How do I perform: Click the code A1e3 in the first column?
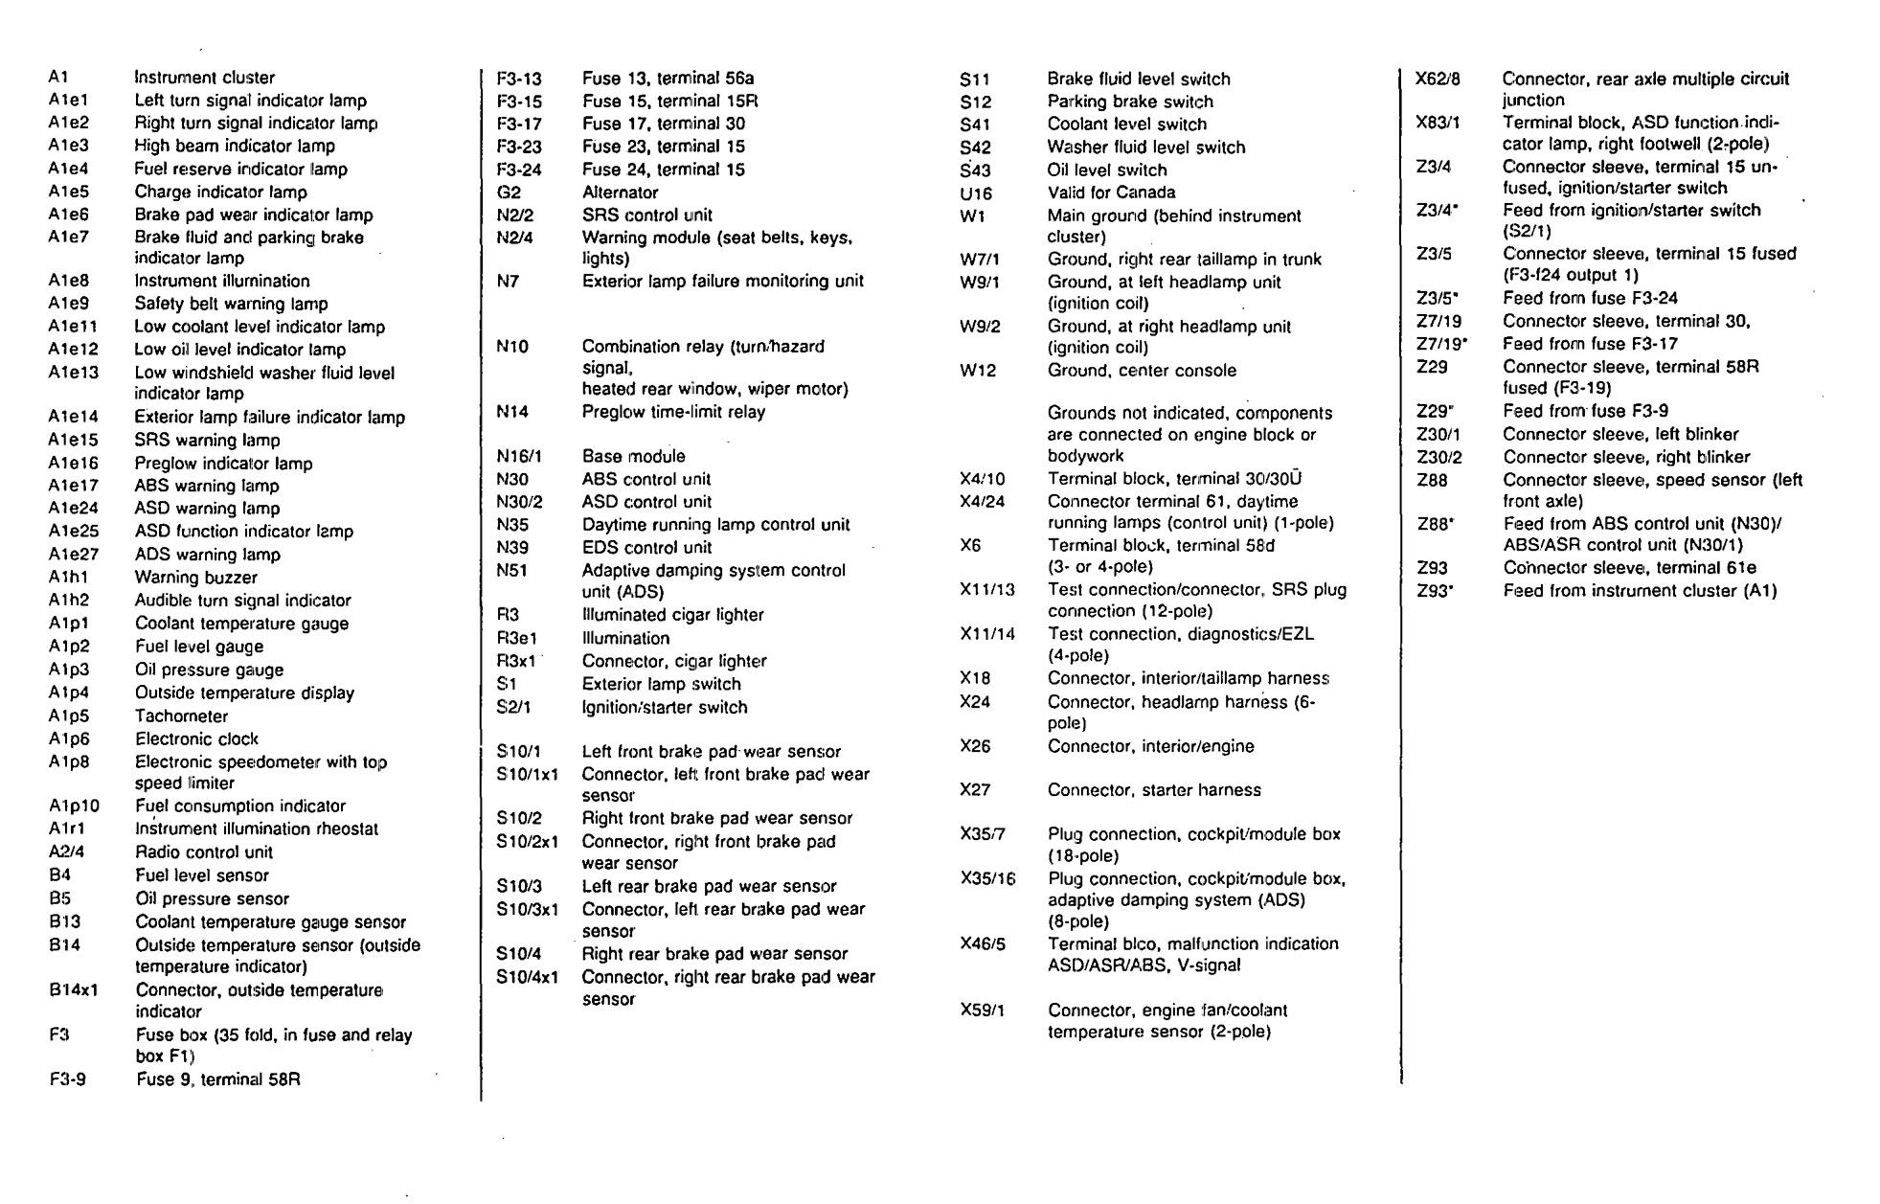(68, 146)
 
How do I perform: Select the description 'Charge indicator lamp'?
(220, 192)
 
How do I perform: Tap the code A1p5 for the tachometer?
(69, 716)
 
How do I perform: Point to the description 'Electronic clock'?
(196, 738)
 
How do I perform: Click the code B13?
(65, 921)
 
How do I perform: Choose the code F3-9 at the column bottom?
(67, 1079)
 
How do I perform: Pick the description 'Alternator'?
(620, 192)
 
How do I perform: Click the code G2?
(509, 192)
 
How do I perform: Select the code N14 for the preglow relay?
(512, 412)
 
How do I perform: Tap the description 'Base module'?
(633, 456)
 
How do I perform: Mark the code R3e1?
(516, 638)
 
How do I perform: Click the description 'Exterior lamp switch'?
(661, 684)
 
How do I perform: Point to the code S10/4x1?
(527, 977)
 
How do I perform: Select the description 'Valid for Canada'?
(1111, 192)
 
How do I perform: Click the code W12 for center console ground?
(977, 371)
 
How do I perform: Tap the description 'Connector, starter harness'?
(1154, 790)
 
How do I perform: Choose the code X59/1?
(982, 1011)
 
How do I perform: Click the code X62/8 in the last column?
(1438, 79)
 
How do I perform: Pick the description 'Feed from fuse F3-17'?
(1590, 344)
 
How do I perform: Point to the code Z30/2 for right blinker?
(1439, 457)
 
